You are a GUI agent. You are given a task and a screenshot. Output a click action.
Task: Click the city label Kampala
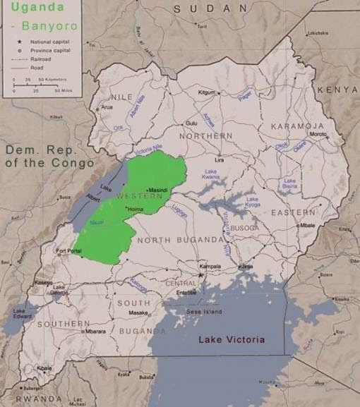(210, 267)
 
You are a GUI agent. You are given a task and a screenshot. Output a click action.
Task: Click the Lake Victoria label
(232, 340)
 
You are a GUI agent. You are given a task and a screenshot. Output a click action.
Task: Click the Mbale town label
(306, 225)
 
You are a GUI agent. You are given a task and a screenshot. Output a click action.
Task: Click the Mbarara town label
(96, 331)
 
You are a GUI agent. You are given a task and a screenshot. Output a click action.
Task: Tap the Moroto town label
(318, 135)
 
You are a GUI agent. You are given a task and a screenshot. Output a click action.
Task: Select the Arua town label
(107, 107)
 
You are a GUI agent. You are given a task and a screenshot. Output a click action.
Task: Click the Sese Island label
(203, 311)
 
